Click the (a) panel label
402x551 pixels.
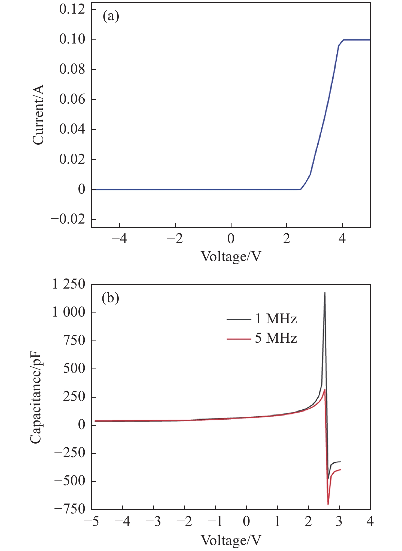(x=111, y=17)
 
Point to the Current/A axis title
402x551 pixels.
(x=38, y=115)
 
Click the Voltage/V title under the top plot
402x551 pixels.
(x=231, y=256)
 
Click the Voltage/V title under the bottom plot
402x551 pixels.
(x=231, y=540)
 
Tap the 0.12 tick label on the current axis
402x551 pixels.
(x=72, y=10)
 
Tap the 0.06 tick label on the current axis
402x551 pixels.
(x=72, y=100)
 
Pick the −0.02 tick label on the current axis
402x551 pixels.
(x=68, y=219)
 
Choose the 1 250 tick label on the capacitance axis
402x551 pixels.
(x=69, y=284)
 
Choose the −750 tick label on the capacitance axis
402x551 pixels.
(x=70, y=509)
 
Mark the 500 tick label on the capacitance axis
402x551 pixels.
(x=74, y=369)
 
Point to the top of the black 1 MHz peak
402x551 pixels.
(x=325, y=293)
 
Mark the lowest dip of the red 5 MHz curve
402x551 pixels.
(x=328, y=504)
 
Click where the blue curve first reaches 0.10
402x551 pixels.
(x=343, y=40)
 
